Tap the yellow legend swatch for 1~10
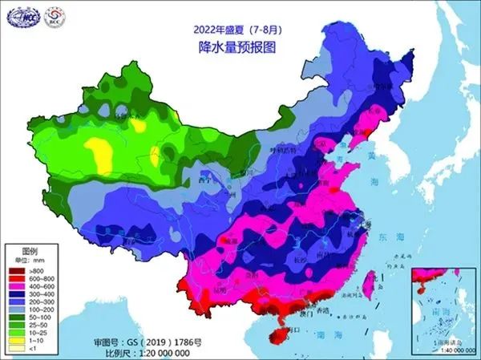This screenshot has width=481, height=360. click(x=17, y=339)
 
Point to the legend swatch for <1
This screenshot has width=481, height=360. click(x=17, y=347)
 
